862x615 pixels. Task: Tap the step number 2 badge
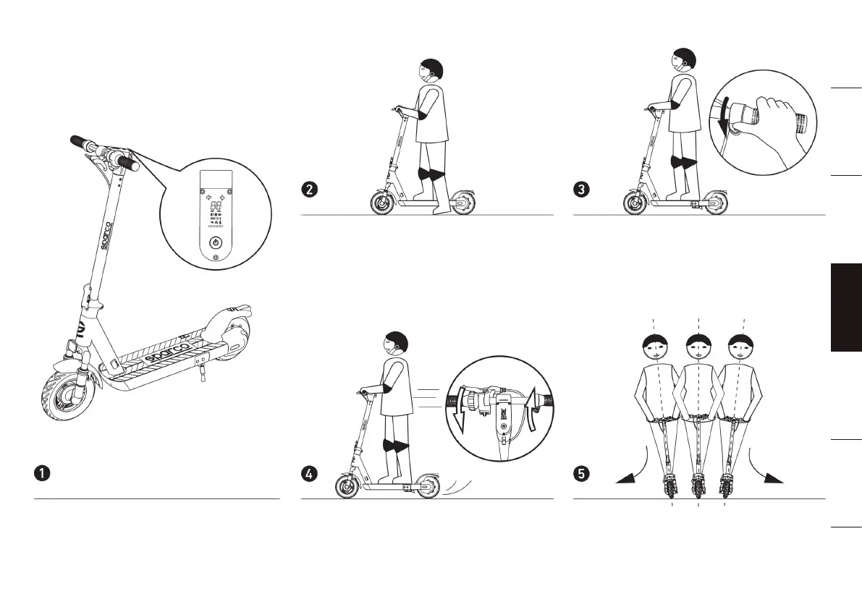click(x=309, y=190)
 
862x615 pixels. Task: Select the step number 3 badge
click(x=581, y=190)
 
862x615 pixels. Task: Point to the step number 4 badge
click(x=309, y=474)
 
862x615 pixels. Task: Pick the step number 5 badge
click(x=581, y=474)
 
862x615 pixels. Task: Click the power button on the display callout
click(x=215, y=243)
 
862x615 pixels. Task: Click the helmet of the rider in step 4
click(x=397, y=344)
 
